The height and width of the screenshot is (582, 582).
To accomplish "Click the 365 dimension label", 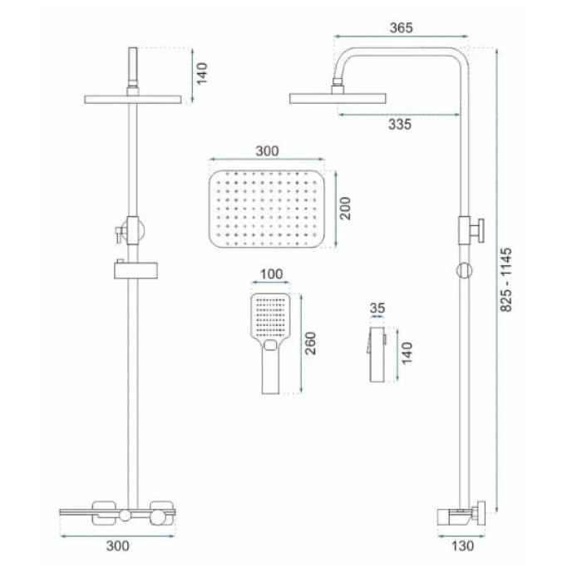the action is (401, 27).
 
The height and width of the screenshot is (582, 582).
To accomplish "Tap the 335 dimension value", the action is (400, 125).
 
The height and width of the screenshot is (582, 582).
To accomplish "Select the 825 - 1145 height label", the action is (506, 279).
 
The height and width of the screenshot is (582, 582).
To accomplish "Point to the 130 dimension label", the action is (462, 545).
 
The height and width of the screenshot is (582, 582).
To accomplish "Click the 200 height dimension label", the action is (345, 208).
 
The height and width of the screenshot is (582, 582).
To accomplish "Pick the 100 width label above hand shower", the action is (271, 274).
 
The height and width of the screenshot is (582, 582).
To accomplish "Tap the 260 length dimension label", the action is (310, 343).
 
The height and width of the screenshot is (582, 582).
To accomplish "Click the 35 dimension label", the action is (377, 308).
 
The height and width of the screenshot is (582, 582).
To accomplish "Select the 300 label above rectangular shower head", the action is (267, 151).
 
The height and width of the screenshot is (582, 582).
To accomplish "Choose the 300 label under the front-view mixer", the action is (118, 546).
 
